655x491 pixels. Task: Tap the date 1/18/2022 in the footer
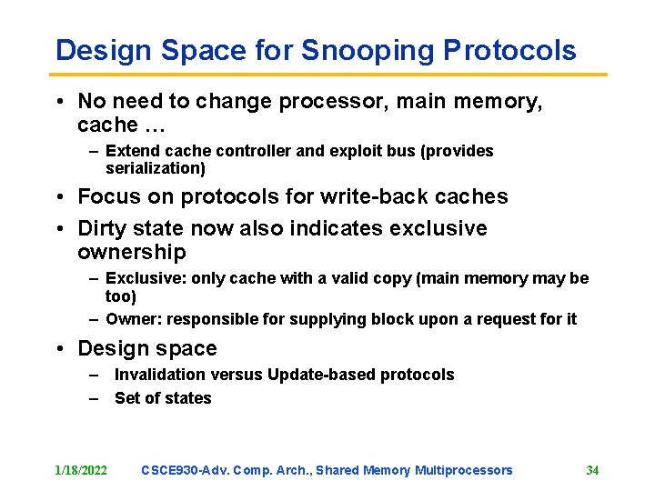click(x=81, y=470)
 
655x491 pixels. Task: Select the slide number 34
click(x=592, y=470)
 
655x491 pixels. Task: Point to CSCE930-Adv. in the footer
click(x=184, y=470)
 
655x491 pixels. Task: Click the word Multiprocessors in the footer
click(x=463, y=470)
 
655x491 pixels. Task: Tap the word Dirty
click(x=105, y=228)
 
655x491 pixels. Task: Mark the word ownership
click(x=132, y=252)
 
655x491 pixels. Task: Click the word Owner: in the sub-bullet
click(x=133, y=319)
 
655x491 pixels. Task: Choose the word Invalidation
click(x=160, y=375)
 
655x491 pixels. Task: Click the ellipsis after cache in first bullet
click(x=151, y=125)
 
